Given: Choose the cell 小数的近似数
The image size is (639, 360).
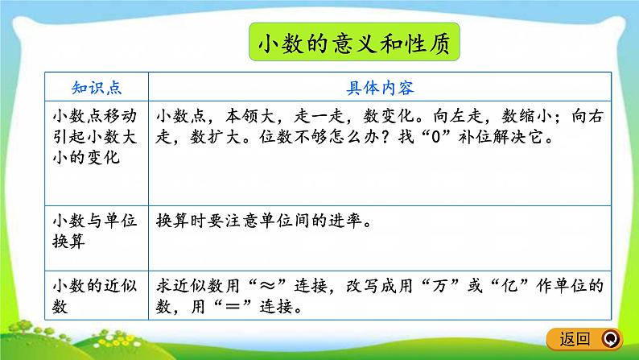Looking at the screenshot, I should coord(97,296).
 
